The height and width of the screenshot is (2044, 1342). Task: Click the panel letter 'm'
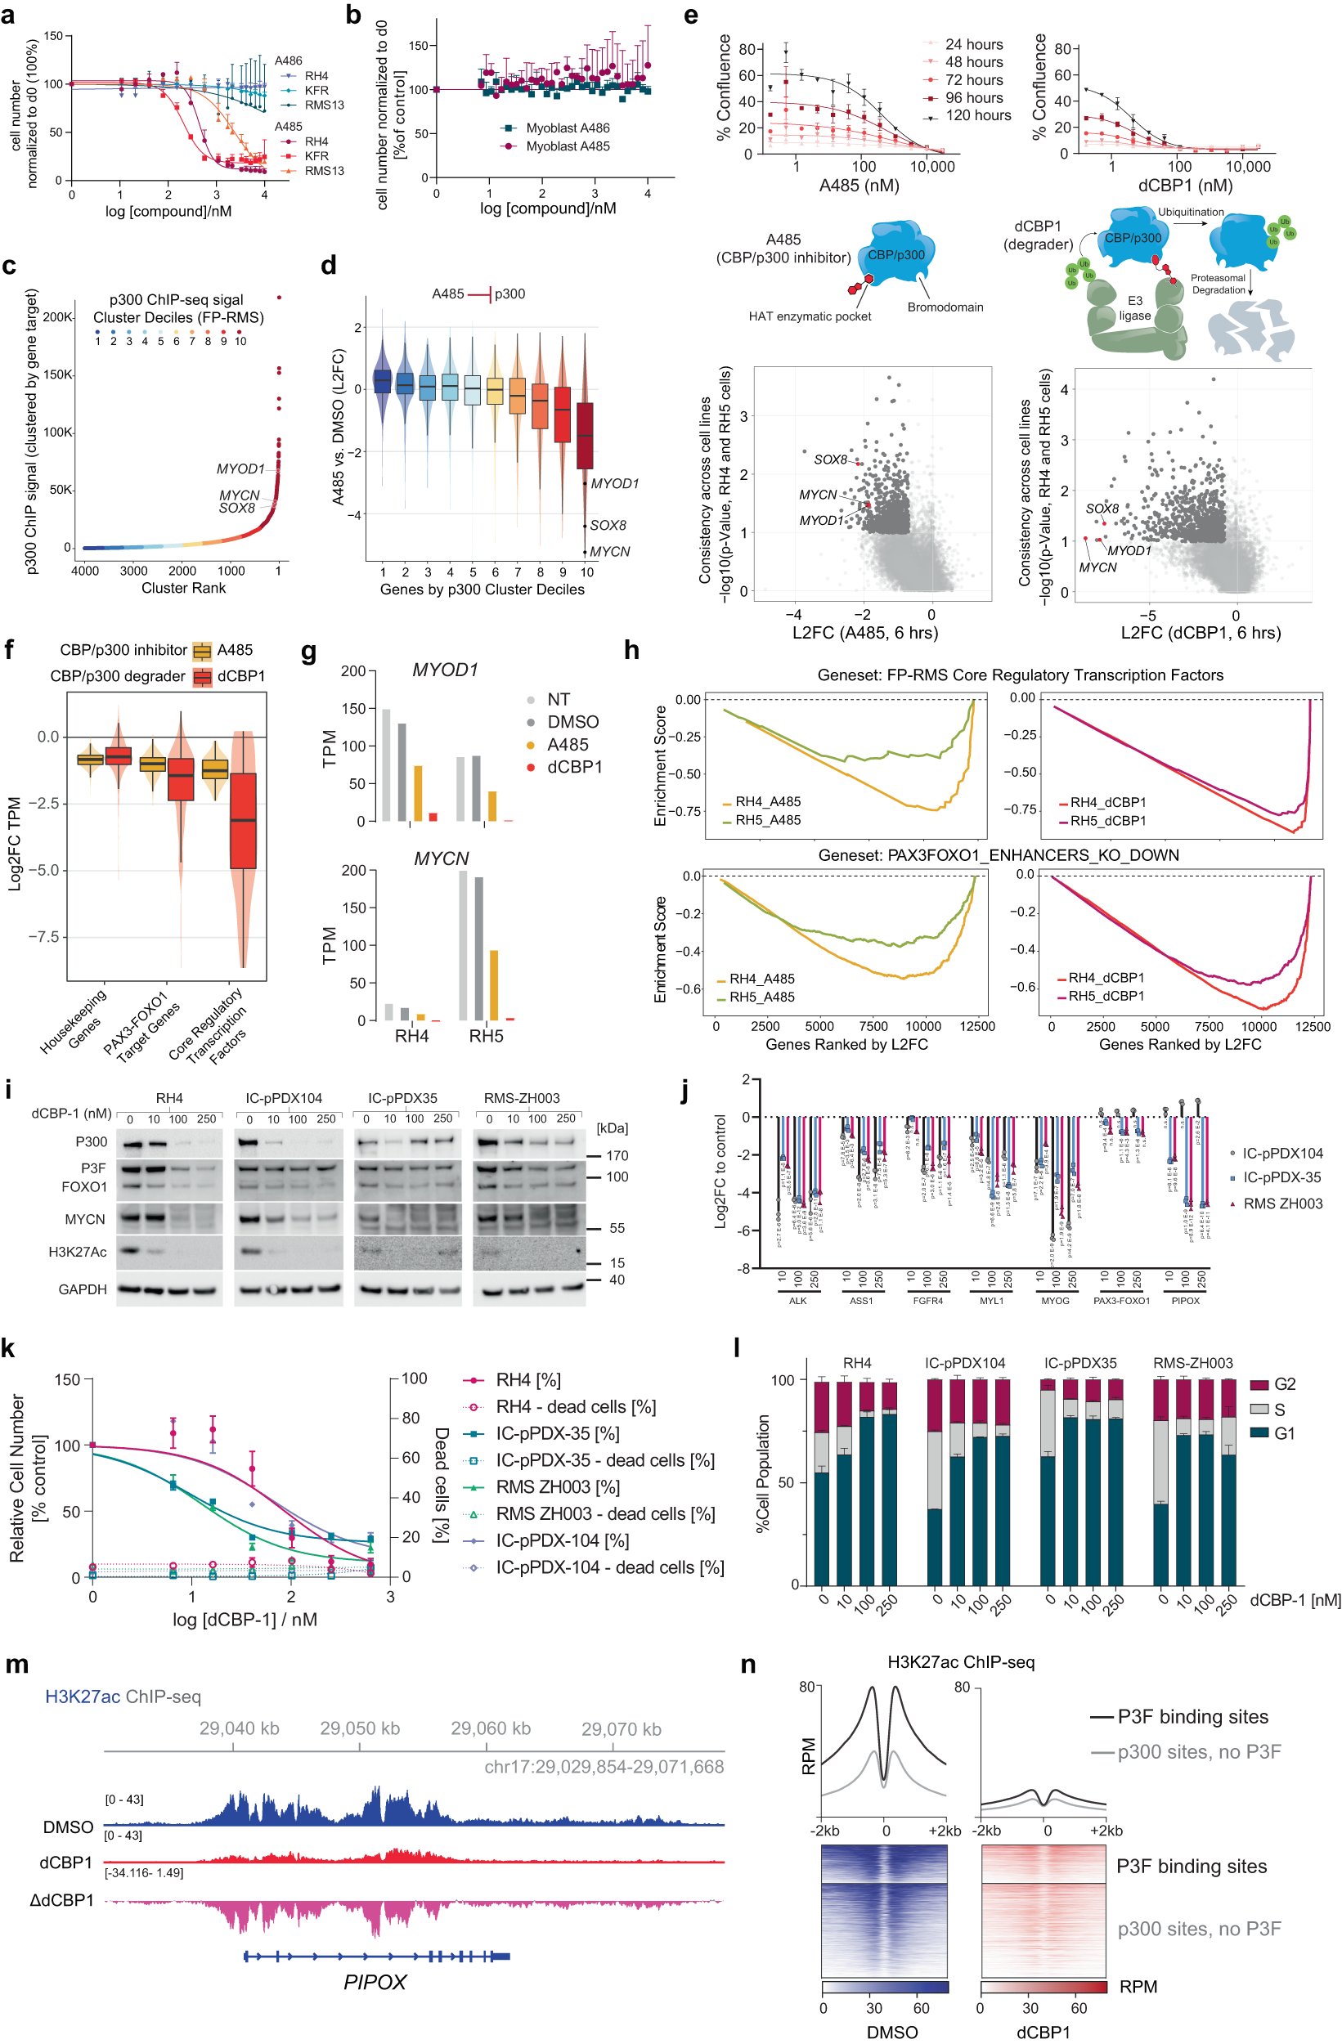[x=16, y=1664]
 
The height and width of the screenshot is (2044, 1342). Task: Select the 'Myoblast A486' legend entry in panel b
[x=567, y=128]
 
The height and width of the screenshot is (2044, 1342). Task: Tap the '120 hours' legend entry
[x=978, y=115]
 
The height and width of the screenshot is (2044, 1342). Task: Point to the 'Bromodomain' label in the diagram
[x=945, y=307]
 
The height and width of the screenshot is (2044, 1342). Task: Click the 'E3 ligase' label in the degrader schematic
[x=1135, y=308]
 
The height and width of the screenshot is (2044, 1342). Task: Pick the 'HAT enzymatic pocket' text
[x=810, y=316]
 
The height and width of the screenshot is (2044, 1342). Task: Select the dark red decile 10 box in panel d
[x=585, y=435]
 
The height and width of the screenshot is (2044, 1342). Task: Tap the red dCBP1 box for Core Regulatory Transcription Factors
[x=243, y=820]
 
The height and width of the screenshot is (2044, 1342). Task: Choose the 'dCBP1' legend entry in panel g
[x=574, y=767]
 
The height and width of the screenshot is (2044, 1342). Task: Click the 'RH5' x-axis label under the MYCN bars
[x=486, y=1036]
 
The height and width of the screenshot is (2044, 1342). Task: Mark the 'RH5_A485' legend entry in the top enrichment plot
[x=767, y=820]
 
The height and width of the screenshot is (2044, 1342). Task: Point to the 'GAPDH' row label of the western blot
[x=83, y=1289]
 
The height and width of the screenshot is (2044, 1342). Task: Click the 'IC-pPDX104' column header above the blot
[x=284, y=1097]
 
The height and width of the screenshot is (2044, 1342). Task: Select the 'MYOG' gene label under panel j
[x=1055, y=1301]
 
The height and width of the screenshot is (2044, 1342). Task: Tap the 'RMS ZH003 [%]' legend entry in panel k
[x=557, y=1486]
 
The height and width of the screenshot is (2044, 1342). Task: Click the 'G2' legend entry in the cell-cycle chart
[x=1285, y=1383]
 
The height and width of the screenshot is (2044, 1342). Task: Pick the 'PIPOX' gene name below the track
[x=375, y=1982]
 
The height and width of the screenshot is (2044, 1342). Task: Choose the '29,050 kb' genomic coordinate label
[x=359, y=1728]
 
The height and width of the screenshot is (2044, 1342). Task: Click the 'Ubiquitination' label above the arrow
[x=1190, y=212]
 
